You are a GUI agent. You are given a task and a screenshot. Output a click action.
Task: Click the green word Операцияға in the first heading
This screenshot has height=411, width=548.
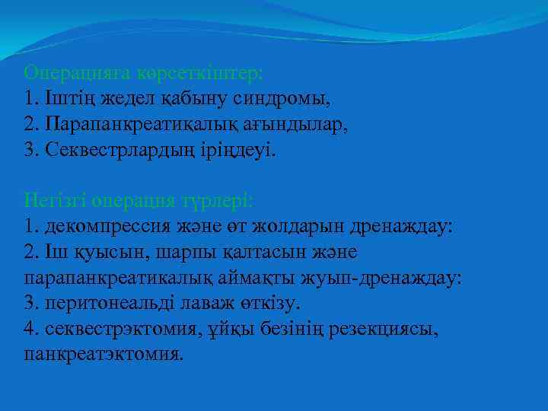(78, 73)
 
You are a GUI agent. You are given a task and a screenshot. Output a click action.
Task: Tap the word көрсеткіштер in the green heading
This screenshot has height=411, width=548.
(200, 73)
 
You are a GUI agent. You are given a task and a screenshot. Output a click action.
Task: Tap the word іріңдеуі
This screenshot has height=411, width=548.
(242, 150)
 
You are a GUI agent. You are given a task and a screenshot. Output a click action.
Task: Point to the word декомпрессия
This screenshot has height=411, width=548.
(111, 227)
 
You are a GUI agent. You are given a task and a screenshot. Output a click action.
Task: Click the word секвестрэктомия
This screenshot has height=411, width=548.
(122, 329)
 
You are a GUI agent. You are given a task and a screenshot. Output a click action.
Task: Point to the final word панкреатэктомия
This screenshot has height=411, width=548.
(104, 355)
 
